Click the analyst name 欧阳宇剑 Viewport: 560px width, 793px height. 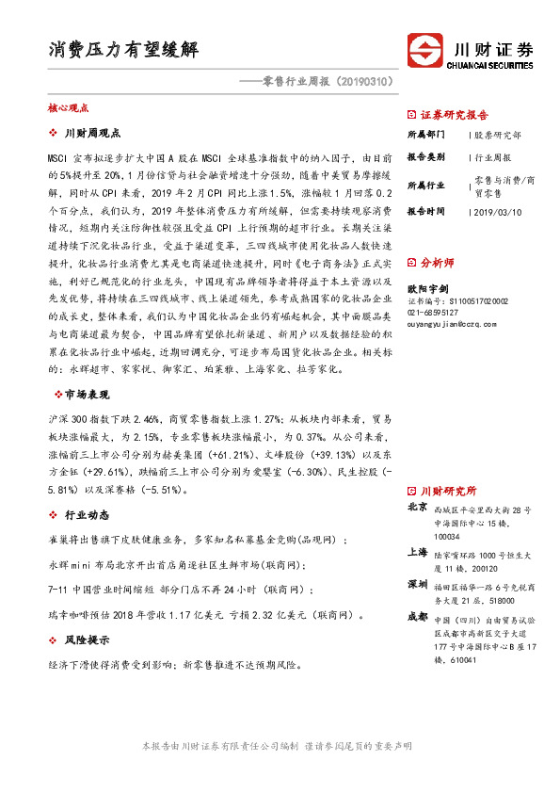coord(426,290)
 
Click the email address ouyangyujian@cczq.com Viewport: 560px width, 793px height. coord(452,323)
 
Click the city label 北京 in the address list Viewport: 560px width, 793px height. coord(417,508)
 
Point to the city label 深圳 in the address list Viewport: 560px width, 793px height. coord(417,584)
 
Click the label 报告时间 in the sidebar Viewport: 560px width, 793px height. coord(426,213)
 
